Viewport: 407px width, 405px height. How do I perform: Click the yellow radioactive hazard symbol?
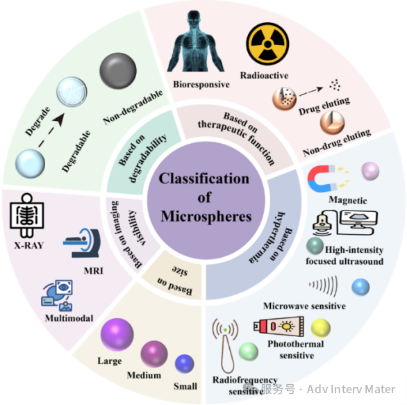tap(267, 43)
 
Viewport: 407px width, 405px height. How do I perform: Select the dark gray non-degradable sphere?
tap(118, 71)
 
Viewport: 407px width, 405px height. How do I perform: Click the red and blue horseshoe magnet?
tap(322, 179)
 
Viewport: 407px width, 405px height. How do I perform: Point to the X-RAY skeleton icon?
tap(26, 215)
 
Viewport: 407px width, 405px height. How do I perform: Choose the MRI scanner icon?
tap(82, 243)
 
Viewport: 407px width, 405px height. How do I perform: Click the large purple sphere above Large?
tap(117, 334)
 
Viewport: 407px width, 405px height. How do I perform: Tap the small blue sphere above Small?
tap(185, 363)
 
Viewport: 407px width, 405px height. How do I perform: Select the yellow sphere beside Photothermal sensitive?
tap(321, 328)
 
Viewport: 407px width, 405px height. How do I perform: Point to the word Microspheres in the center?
tap(206, 216)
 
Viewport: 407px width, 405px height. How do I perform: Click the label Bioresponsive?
tap(201, 84)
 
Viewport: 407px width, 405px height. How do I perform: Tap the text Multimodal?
tap(69, 318)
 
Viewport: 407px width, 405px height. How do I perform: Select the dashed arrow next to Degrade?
tap(51, 131)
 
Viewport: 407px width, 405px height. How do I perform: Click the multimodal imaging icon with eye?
tap(57, 295)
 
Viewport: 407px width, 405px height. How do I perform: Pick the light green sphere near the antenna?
tap(249, 352)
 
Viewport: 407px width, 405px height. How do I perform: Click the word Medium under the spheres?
tap(144, 375)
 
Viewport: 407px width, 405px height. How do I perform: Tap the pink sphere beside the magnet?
tap(370, 171)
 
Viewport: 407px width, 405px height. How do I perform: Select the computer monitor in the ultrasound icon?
tap(358, 220)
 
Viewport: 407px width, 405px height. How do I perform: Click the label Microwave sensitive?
tap(304, 306)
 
